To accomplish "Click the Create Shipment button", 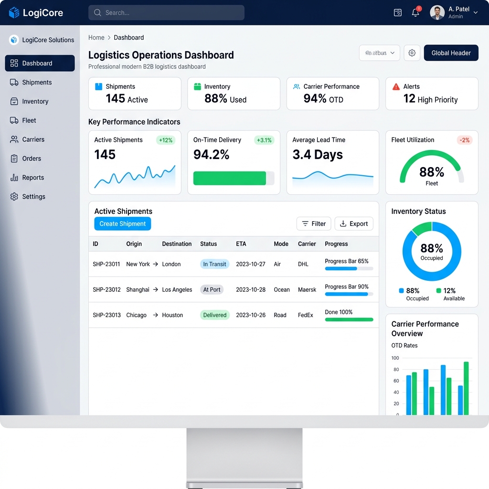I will coord(122,223).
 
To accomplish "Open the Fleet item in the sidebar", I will coord(29,120).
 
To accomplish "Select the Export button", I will coord(354,223).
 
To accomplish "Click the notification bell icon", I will coord(415,13).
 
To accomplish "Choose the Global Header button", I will coord(451,53).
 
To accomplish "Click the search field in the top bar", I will coord(166,13).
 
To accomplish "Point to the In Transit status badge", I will coord(214,264).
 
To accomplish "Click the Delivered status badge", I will coord(214,315).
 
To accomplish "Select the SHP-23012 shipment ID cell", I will coord(106,289).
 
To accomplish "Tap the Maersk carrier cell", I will coord(307,289).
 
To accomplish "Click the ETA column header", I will coord(241,244).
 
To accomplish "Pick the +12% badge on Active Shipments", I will coord(166,140).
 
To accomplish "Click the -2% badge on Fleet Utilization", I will coord(465,140).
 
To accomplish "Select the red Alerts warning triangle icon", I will coord(396,86).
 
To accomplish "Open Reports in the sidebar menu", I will coord(32,178).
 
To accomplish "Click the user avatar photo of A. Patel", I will coord(437,13).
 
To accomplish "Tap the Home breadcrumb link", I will coord(96,37).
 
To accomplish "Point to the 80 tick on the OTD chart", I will coord(395,369).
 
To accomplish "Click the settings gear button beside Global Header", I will coord(412,53).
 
